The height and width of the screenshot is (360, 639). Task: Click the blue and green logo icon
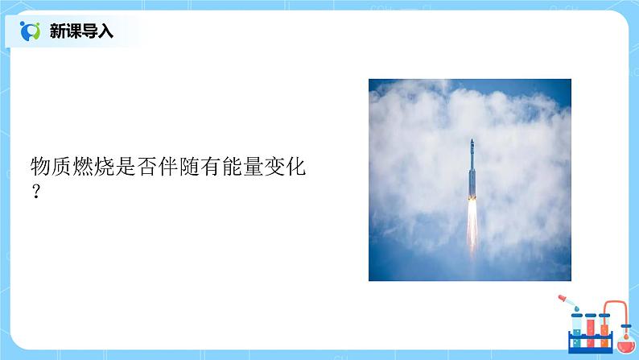[31, 31]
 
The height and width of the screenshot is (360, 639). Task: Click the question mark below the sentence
[35, 193]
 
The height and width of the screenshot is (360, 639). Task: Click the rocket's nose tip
[472, 141]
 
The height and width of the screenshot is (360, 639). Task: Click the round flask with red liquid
[625, 341]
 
